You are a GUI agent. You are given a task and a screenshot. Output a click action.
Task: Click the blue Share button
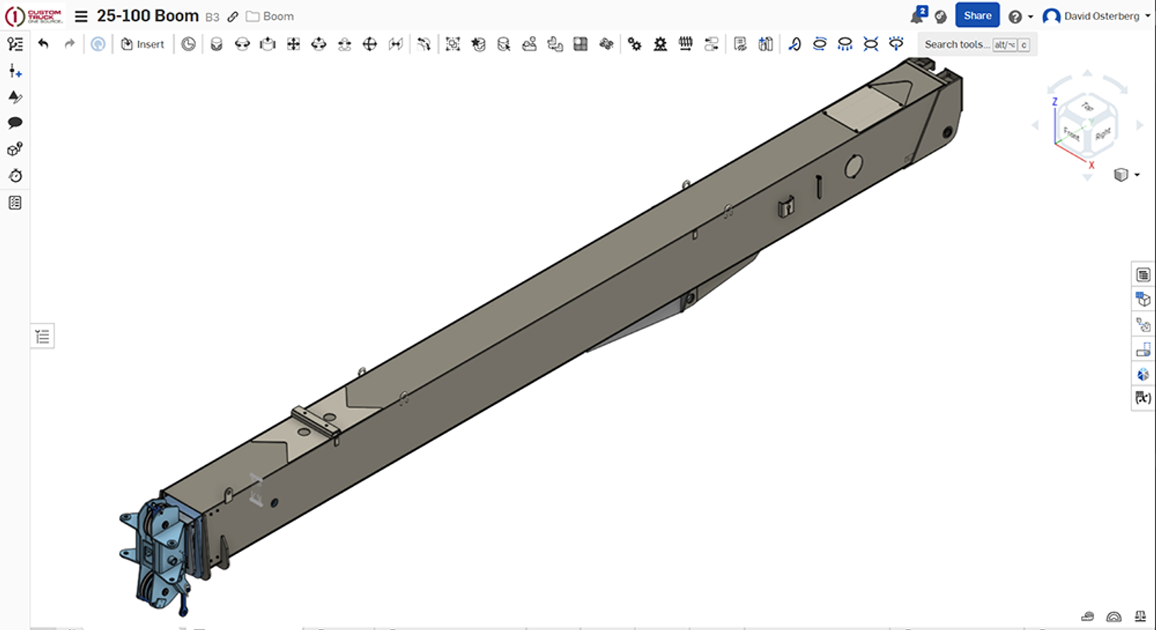point(977,15)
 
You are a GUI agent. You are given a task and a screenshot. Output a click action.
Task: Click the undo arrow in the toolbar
point(43,44)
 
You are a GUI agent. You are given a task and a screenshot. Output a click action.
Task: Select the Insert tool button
point(142,44)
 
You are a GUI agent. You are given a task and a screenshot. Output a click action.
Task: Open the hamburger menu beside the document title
point(81,16)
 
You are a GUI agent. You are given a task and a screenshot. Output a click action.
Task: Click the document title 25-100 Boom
point(147,16)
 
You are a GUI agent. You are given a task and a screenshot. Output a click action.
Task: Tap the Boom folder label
point(277,16)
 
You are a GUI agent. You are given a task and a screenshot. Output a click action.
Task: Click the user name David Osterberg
point(1101,16)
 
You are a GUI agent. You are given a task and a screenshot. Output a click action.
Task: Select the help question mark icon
point(1015,17)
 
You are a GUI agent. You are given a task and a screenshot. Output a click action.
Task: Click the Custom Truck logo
point(34,16)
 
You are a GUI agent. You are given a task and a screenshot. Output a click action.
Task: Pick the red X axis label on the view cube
point(1091,165)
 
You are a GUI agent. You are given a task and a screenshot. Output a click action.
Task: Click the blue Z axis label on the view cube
point(1055,102)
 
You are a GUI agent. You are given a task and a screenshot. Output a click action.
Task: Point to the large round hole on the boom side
point(853,166)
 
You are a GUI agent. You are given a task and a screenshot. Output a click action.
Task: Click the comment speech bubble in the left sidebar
point(15,123)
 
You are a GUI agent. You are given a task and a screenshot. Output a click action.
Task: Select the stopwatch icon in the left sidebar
point(15,176)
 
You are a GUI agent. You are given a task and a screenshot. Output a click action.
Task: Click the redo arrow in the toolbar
point(69,44)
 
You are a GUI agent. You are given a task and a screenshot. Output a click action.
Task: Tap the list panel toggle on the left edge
point(43,336)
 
